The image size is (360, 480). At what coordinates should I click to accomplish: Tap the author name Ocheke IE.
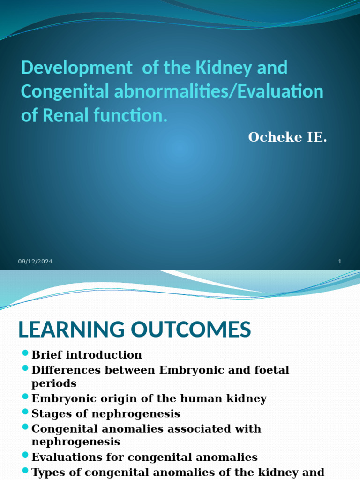coord(287,137)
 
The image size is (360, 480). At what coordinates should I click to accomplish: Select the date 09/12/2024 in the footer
coord(36,262)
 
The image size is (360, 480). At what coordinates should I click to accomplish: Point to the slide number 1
coord(339,262)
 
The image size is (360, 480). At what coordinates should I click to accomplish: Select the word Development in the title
coord(77,68)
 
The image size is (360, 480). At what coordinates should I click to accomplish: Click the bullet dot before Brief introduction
coord(25,353)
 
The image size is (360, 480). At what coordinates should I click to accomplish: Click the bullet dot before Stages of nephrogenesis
coord(25,412)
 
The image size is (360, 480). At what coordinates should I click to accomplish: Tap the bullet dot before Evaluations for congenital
coord(25,455)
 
